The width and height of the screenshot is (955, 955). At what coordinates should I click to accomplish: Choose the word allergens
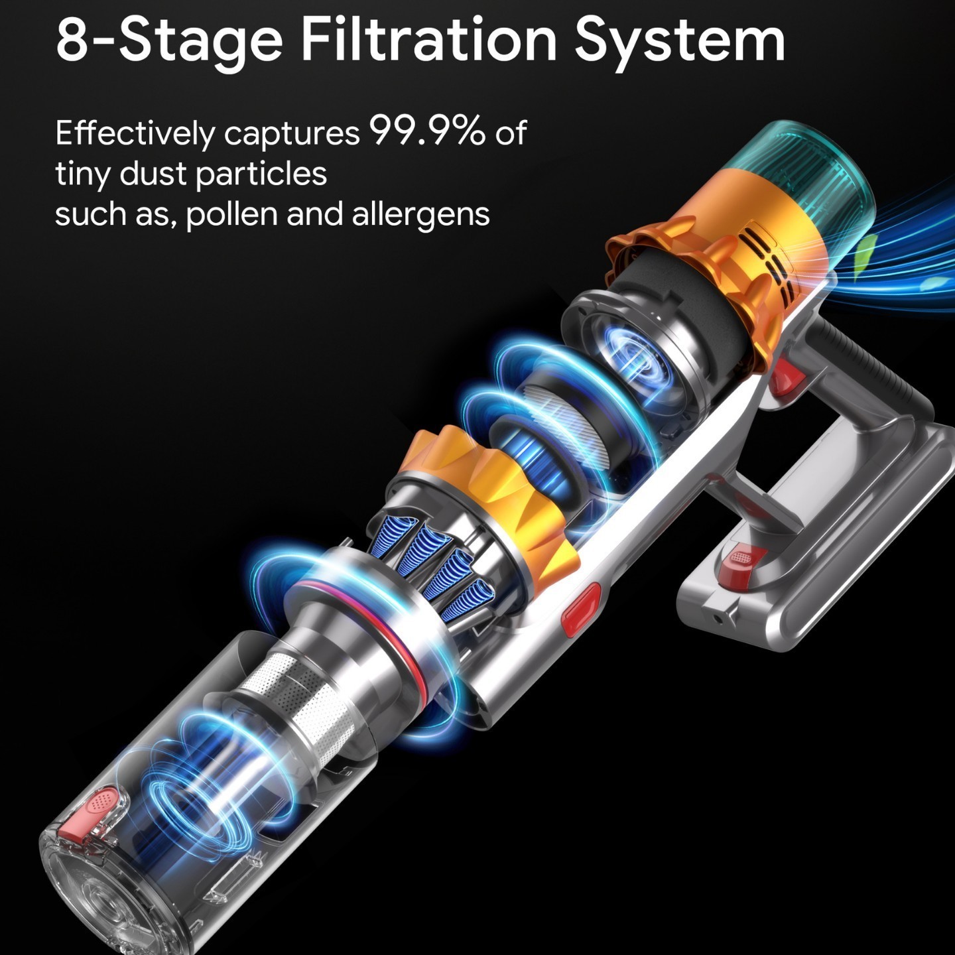(420, 214)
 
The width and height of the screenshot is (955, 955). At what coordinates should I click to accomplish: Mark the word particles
(261, 174)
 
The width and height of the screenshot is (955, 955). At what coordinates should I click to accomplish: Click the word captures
(292, 135)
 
